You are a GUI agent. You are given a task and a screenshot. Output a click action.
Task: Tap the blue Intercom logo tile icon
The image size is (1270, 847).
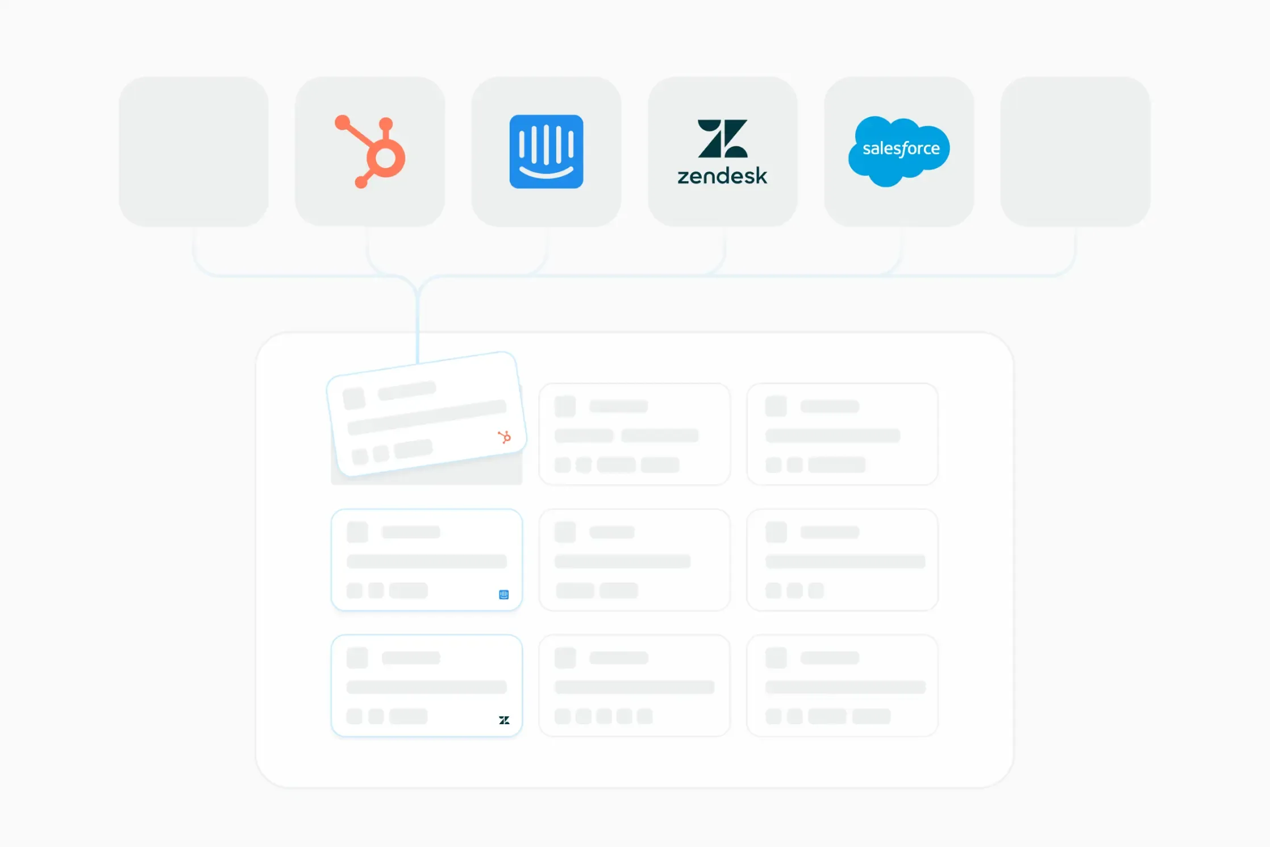pyautogui.click(x=546, y=152)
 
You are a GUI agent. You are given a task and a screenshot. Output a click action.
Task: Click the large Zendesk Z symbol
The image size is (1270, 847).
pyautogui.click(x=722, y=138)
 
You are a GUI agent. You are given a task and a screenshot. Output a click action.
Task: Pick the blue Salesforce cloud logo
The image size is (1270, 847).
pyautogui.click(x=898, y=151)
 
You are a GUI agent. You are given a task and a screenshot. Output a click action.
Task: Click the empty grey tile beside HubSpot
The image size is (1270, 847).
pyautogui.click(x=194, y=152)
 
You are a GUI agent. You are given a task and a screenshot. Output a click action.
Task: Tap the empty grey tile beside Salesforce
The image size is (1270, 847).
pyautogui.click(x=1075, y=152)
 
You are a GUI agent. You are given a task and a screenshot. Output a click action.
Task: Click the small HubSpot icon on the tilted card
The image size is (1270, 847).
pyautogui.click(x=504, y=437)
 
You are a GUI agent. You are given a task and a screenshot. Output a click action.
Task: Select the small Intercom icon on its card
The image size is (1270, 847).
pyautogui.click(x=503, y=595)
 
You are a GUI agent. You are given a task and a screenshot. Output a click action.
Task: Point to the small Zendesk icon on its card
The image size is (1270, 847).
pyautogui.click(x=504, y=720)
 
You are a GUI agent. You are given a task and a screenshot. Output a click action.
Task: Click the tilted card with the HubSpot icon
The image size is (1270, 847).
pyautogui.click(x=426, y=415)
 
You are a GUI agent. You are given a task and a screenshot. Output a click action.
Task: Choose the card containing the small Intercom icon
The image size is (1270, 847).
pyautogui.click(x=426, y=560)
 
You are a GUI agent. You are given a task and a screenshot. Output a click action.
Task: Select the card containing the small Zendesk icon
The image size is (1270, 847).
pyautogui.click(x=426, y=686)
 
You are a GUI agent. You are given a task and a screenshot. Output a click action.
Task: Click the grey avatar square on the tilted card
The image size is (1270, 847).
pyautogui.click(x=354, y=398)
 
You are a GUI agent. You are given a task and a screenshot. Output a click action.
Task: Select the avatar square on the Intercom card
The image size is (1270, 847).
pyautogui.click(x=357, y=532)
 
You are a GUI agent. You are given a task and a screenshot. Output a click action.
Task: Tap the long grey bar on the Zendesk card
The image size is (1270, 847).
pyautogui.click(x=426, y=687)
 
